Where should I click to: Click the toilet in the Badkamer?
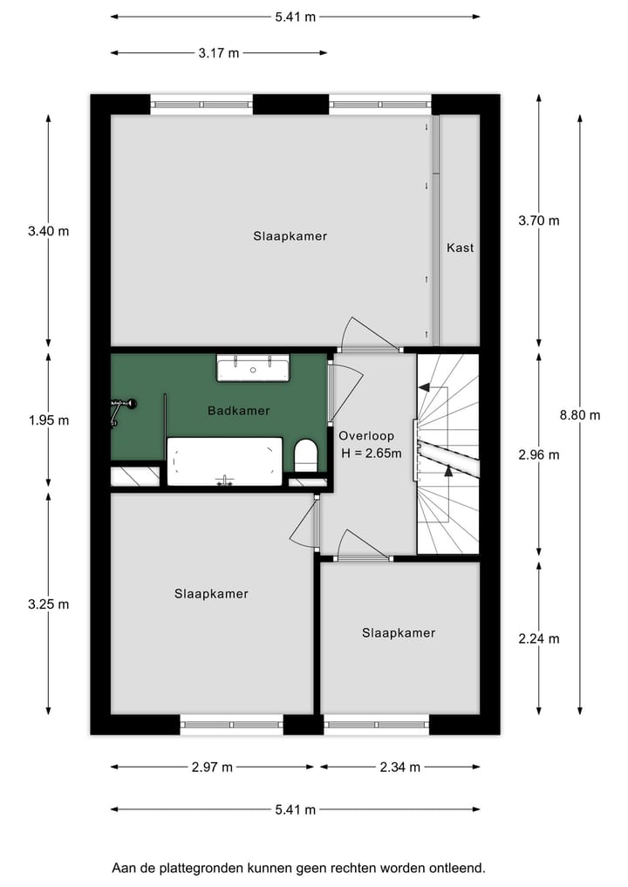click(306, 455)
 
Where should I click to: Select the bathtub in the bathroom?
click(224, 461)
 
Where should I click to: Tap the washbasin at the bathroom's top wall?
click(253, 368)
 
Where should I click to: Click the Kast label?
click(460, 248)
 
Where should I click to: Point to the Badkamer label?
click(238, 410)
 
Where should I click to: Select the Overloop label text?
click(366, 435)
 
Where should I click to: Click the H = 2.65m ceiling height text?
click(371, 453)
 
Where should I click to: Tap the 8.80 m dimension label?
click(580, 415)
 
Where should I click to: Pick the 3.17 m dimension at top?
click(218, 53)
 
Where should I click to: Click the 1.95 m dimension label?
click(48, 420)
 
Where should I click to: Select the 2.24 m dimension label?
click(538, 638)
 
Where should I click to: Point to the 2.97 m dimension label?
click(212, 768)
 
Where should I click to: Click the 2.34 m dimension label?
click(399, 768)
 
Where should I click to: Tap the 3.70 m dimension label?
click(538, 221)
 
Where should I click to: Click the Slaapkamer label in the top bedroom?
click(290, 235)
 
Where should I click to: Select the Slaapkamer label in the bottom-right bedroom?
click(399, 632)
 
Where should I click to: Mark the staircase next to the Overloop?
click(447, 454)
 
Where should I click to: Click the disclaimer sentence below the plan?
click(298, 868)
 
